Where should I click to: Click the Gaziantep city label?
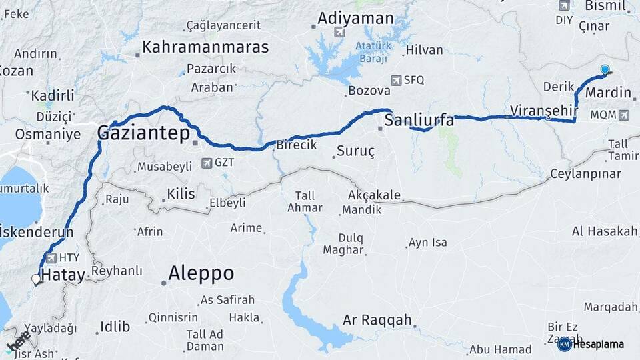pyautogui.click(x=143, y=133)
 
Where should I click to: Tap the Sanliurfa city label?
pyautogui.click(x=418, y=121)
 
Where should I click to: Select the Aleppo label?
pyautogui.click(x=201, y=273)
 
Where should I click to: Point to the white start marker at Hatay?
pyautogui.click(x=36, y=279)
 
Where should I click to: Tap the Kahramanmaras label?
pyautogui.click(x=205, y=47)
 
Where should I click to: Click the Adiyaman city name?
pyautogui.click(x=355, y=17)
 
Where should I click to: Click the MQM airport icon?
pyautogui.click(x=623, y=115)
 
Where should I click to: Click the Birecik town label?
pyautogui.click(x=296, y=145)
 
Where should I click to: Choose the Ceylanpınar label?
pyautogui.click(x=585, y=174)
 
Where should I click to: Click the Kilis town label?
pyautogui.click(x=181, y=194)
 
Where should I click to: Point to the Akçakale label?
pyautogui.click(x=374, y=195)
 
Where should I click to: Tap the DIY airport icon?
pyautogui.click(x=565, y=6)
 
